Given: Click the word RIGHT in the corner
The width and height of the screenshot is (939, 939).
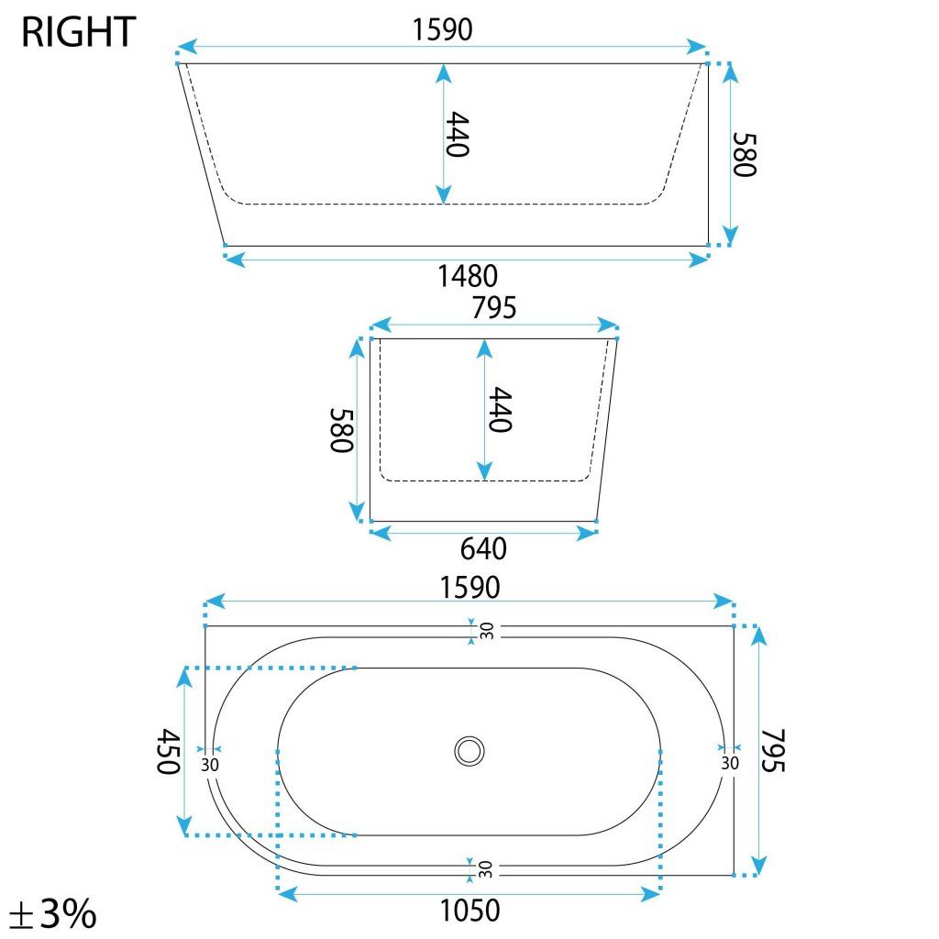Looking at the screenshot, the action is [x=79, y=32].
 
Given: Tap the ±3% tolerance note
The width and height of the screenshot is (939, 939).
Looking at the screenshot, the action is [x=52, y=912].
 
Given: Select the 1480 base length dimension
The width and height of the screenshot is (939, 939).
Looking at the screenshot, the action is [x=467, y=276].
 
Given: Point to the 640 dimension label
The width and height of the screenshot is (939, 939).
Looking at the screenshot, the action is [x=483, y=548].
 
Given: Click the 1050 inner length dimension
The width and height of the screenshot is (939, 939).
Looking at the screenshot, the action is [x=469, y=911].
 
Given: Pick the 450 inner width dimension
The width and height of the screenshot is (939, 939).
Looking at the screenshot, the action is [x=169, y=752].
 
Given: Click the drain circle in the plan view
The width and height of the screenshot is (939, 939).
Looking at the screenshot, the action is [x=469, y=751].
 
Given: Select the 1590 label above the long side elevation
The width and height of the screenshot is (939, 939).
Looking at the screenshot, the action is [x=443, y=29].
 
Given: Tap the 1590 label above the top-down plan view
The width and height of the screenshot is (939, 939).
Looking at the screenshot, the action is [x=469, y=588].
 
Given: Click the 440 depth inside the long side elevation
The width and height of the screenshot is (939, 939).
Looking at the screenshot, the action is [x=458, y=134].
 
